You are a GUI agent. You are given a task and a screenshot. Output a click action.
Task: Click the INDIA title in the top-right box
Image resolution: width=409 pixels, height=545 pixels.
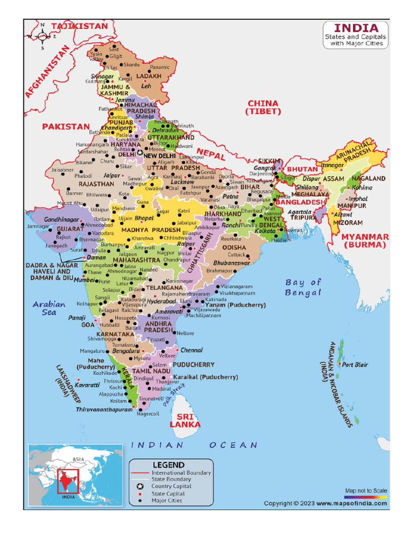[x=356, y=28]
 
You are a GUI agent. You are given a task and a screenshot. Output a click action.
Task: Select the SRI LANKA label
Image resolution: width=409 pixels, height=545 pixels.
[x=185, y=420]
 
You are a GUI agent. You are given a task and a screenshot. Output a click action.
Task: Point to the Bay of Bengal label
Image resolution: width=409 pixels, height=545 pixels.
[x=303, y=287]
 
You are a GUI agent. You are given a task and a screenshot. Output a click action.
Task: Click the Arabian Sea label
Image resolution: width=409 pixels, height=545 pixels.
[x=49, y=308]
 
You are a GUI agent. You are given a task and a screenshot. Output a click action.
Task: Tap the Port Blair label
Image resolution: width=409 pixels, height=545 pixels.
[x=355, y=365]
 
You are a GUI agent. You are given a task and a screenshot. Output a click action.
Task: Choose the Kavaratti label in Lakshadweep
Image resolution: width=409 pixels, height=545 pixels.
[x=87, y=384]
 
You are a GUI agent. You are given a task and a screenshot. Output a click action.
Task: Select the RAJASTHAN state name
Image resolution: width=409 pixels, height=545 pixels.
[x=96, y=184]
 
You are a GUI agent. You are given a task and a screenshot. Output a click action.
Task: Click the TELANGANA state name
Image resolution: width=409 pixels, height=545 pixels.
[x=165, y=287]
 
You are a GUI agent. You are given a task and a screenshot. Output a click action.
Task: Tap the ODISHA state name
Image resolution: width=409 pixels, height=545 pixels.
[x=234, y=247]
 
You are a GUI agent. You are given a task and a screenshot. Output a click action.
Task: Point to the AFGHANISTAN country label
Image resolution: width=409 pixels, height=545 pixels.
[x=47, y=71]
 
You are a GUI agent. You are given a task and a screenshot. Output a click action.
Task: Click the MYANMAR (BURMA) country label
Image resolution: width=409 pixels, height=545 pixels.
[x=365, y=241]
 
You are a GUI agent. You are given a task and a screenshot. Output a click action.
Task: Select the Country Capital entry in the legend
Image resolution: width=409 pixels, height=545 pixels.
[x=171, y=486]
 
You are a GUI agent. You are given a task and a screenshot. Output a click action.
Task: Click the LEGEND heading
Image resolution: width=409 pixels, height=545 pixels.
[x=168, y=465]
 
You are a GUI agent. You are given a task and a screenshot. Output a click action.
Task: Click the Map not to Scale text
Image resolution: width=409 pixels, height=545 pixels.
[x=366, y=490]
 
